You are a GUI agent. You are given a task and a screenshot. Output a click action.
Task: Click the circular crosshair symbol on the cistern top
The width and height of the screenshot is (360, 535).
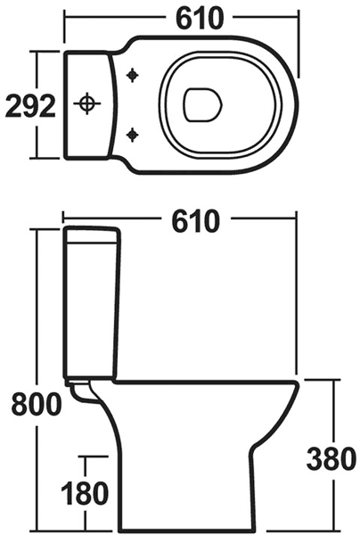[86, 104]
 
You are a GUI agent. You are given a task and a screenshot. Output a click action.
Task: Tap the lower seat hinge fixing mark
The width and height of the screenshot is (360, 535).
[134, 135]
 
